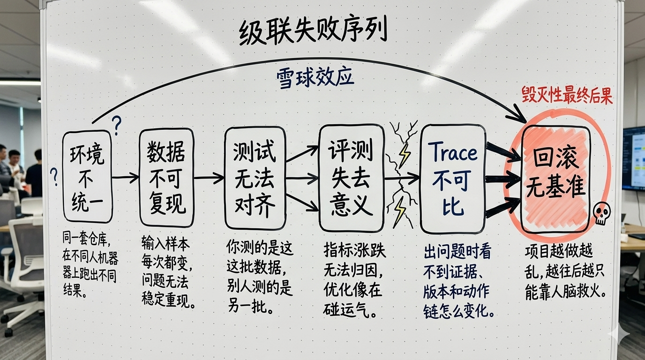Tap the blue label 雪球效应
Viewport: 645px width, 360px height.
pos(315,78)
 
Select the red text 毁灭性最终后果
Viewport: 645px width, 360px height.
pos(567,96)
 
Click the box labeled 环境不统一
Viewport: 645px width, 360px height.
pos(88,177)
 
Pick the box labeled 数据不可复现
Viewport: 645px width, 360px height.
pos(166,178)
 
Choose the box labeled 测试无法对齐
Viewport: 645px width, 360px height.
pos(255,178)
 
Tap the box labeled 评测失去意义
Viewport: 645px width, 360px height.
pos(351,178)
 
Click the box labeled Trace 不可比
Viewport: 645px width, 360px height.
pos(452,179)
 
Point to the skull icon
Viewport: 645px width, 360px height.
pos(601,214)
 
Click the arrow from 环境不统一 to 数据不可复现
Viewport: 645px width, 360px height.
pos(126,177)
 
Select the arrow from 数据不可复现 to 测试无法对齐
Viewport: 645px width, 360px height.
pos(209,178)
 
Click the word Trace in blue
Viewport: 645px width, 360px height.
pos(453,153)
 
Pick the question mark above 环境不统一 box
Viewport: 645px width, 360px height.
pos(117,125)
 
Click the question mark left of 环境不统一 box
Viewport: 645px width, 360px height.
pos(55,177)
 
